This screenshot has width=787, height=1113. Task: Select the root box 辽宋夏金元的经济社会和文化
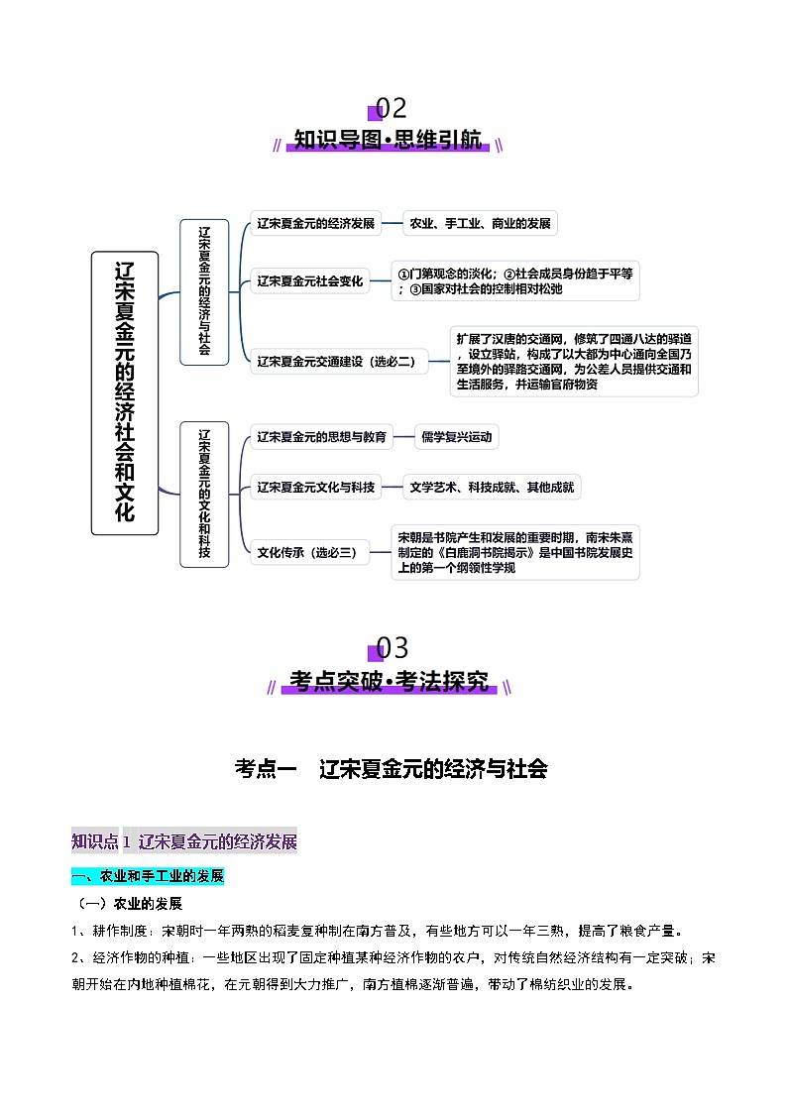coord(125,392)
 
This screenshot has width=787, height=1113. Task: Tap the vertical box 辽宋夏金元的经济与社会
coord(204,291)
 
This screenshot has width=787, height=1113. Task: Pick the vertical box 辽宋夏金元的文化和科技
coord(204,494)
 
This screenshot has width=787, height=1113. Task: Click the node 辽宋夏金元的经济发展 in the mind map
coord(315,224)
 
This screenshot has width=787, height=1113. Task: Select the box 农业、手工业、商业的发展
coord(480,224)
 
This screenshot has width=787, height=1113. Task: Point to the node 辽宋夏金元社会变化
coord(310,281)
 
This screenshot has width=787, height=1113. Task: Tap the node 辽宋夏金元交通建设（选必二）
coord(336,362)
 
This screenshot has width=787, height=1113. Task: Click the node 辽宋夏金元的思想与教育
coord(320,436)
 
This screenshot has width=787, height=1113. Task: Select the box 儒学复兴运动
coord(456,436)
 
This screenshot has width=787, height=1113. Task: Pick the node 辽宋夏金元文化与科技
coord(315,487)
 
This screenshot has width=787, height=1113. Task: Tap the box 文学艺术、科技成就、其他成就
coord(492,487)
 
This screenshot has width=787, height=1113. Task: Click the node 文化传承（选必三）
coord(307,553)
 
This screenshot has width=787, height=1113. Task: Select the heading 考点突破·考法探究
coord(390,682)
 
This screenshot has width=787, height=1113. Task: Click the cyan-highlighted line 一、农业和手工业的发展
coord(149,876)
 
